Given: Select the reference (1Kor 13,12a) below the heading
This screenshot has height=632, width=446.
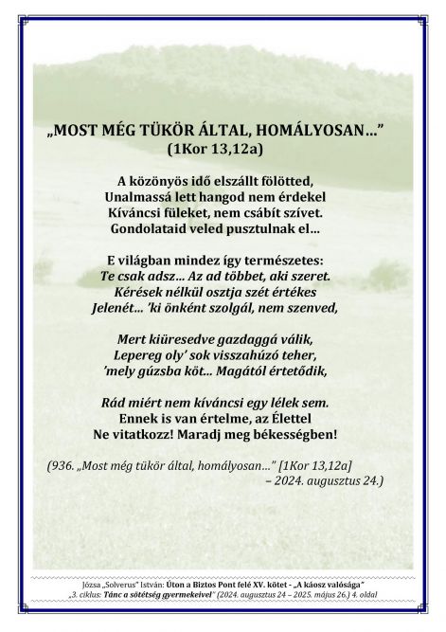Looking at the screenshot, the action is (x=223, y=149).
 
